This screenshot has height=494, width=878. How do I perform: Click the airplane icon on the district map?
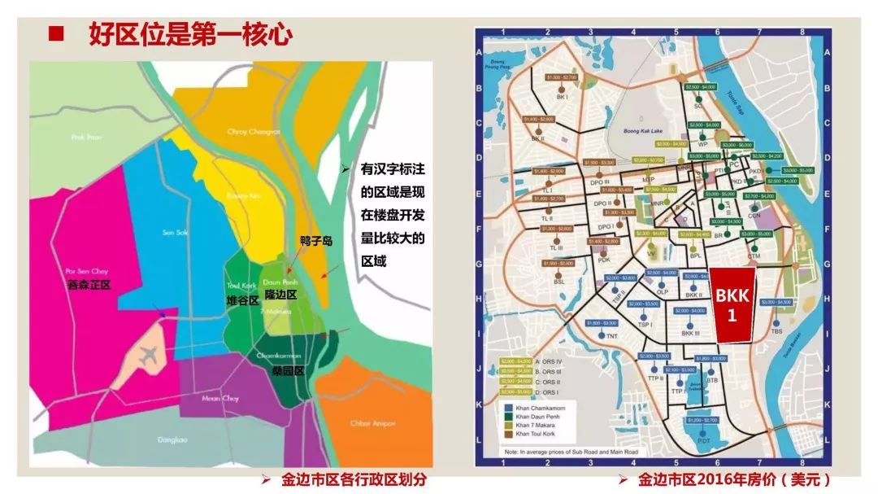pos(148,356)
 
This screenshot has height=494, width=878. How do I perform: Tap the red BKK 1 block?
pos(732,304)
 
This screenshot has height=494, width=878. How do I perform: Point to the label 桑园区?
pos(287,370)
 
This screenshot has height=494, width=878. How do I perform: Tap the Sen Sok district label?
pos(175,233)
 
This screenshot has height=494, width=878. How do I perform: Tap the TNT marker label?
pos(611,336)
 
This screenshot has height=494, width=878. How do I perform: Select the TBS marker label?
pos(777,331)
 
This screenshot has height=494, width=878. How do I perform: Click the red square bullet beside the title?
pos(55,34)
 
